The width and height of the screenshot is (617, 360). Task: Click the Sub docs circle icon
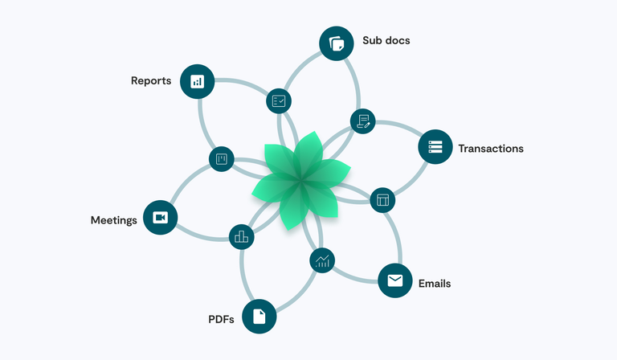[337, 43]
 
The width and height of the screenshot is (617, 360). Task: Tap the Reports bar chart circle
[198, 81]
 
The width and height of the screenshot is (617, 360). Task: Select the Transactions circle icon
[435, 147]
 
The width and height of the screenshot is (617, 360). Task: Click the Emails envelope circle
[394, 280]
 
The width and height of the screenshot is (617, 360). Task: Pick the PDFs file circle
[259, 316]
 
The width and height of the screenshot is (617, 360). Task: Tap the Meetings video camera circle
[160, 218]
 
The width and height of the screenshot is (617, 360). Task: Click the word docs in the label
[397, 40]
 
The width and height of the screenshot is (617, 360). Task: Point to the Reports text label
[151, 81]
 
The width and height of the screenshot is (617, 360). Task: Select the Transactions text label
[490, 149]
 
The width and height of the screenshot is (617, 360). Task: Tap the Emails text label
[435, 284]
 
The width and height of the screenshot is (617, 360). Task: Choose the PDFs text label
[221, 320]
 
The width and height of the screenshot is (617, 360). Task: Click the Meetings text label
[113, 220]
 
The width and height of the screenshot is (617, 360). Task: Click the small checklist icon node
[279, 101]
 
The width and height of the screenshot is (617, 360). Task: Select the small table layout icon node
[382, 200]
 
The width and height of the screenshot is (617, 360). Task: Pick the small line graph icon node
[322, 260]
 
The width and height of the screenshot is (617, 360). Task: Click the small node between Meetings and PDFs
[241, 236]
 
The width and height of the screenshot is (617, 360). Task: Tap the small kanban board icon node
[222, 158]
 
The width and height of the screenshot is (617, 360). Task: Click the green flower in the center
[300, 182]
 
